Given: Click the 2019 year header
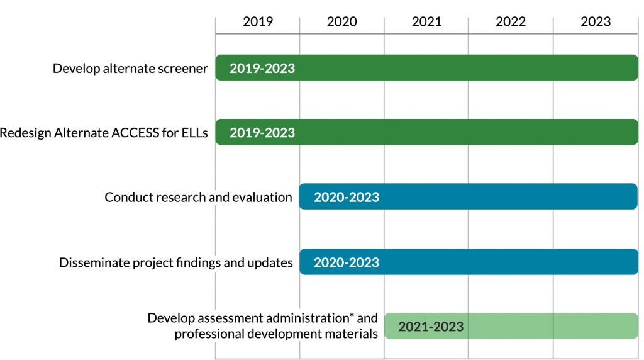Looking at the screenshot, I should pos(258,21).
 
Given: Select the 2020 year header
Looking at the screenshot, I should pos(342,21).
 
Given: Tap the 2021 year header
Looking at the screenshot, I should pos(426,21).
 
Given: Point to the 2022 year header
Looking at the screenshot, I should pos(511,21).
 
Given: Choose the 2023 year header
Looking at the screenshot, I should pos(596,21).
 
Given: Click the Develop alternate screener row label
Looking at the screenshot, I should pos(130,69).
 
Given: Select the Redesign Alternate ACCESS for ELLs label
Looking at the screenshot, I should pos(104,133).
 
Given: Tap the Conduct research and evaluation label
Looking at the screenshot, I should pos(198,198).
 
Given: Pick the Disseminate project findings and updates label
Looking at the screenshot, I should pos(176,262).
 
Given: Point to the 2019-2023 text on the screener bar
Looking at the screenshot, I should pos(262,69).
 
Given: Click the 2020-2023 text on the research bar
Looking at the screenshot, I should pos(347,197).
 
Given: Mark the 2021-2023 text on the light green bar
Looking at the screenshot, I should pos(431,327).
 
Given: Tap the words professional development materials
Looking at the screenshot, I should pos(276,334).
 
